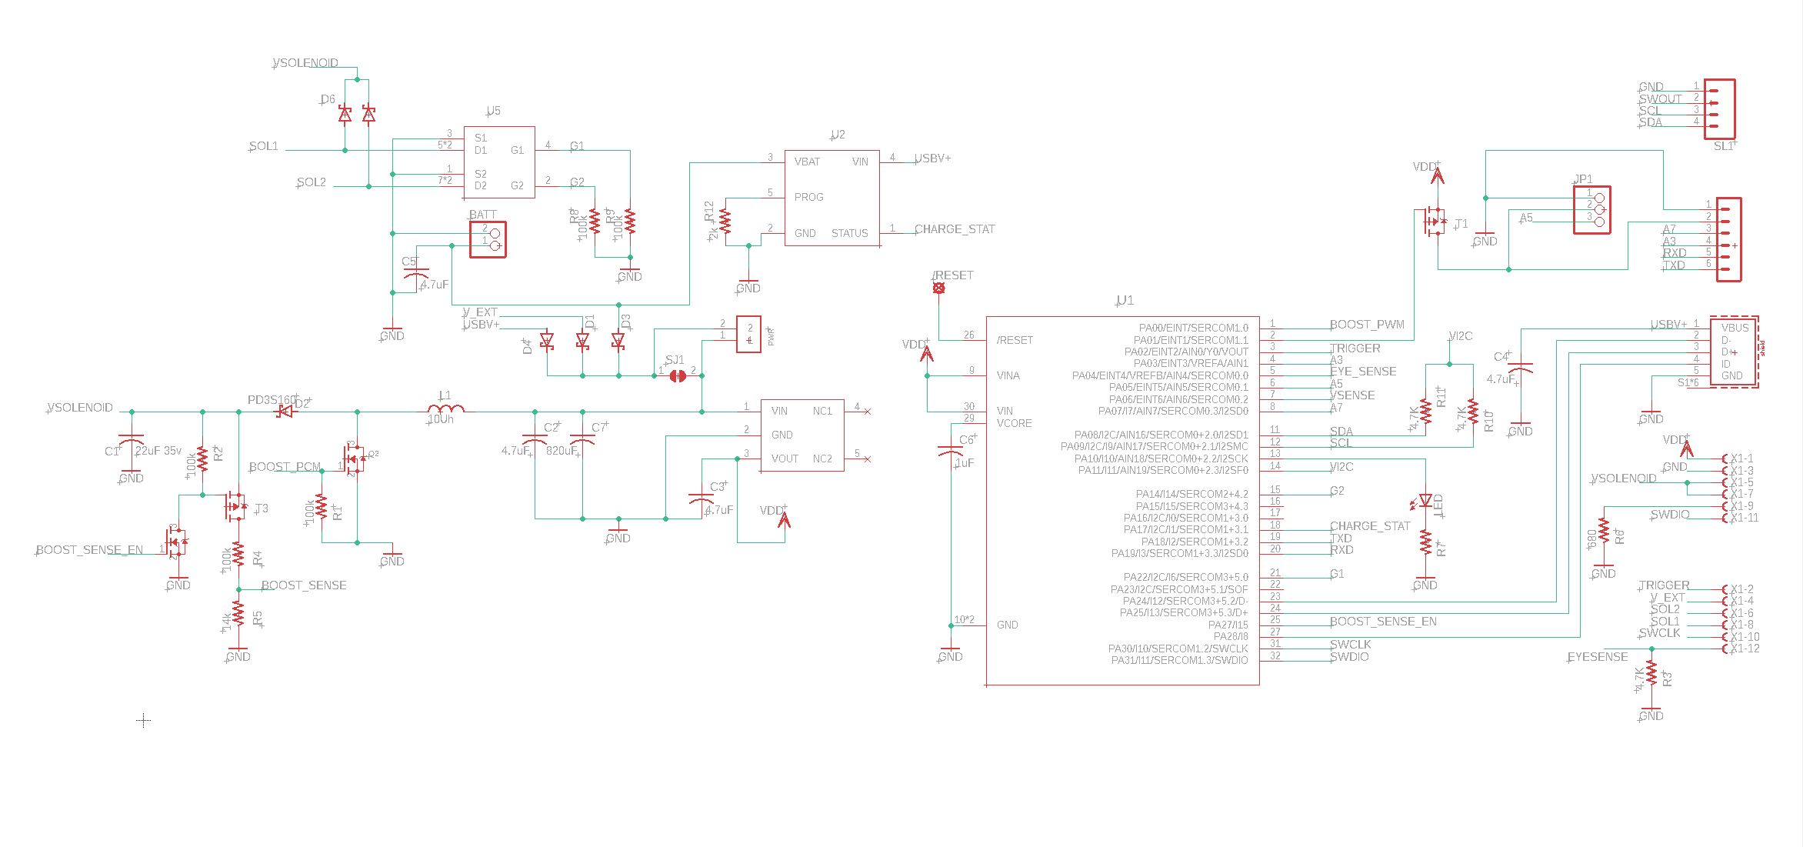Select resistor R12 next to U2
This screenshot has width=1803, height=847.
[725, 221]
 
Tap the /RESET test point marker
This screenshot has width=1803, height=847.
[938, 288]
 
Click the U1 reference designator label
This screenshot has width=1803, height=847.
[1125, 301]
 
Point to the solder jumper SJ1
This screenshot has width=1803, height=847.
[678, 375]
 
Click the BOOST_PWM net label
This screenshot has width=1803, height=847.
[1366, 325]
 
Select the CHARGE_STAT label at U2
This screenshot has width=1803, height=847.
[954, 229]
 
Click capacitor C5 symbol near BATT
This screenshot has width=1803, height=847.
[416, 275]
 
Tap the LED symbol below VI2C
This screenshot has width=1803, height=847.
[1425, 500]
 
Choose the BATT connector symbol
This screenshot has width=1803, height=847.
[488, 238]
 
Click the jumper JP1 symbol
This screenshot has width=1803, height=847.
[1592, 210]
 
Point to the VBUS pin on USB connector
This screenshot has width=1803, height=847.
[1735, 328]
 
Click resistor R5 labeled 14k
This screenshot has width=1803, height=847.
[238, 615]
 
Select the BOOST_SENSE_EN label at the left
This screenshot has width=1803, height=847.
[89, 550]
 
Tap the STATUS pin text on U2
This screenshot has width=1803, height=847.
[849, 233]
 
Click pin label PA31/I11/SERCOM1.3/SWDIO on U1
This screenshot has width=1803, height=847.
[1179, 661]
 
